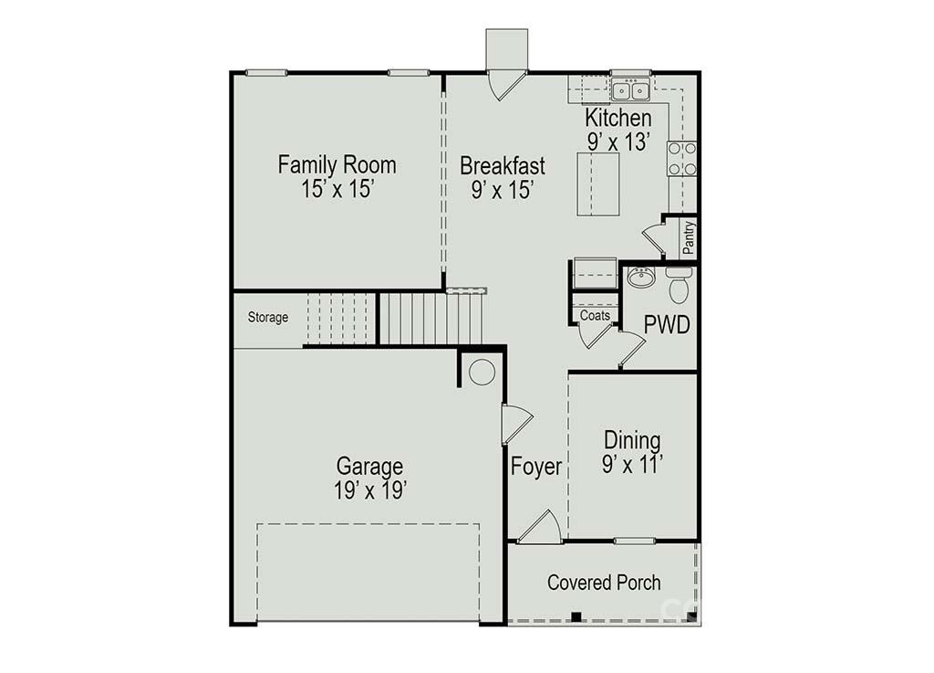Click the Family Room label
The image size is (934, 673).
337,164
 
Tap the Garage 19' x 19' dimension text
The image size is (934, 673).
370,490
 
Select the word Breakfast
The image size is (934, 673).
503,165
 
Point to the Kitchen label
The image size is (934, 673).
617,118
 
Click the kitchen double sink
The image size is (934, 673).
631,91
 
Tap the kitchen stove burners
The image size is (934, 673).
682,159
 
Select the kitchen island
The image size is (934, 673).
598,184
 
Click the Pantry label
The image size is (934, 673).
690,237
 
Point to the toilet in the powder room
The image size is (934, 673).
679,285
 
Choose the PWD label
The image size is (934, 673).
667,325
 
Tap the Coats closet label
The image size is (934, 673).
595,315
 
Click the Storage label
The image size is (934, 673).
268,317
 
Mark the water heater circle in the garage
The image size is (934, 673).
482,372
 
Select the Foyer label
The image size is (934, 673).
536,466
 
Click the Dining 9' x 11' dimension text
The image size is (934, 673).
633,465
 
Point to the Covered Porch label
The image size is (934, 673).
604,583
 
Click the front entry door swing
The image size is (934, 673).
539,527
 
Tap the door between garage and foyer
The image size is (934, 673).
516,424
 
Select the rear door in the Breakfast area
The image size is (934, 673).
507,85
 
